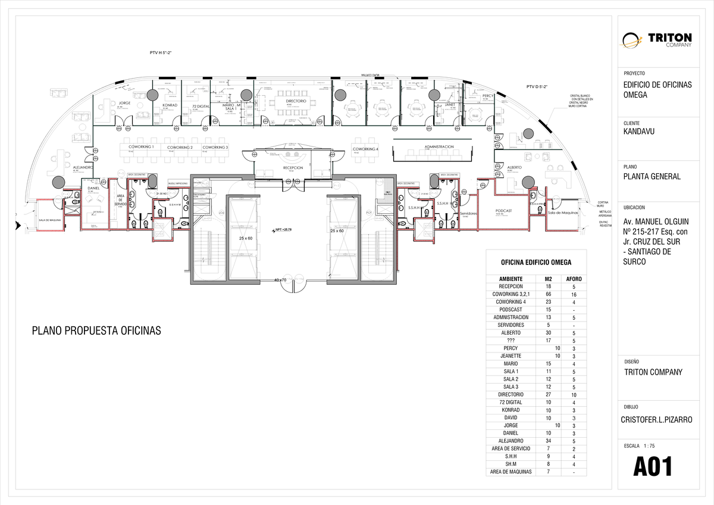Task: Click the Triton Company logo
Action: tap(657, 39)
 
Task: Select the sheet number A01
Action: tap(653, 467)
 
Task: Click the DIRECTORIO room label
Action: tap(296, 101)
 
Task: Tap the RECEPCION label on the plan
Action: tap(293, 168)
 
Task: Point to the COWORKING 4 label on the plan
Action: tap(365, 149)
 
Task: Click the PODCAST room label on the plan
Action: tap(503, 211)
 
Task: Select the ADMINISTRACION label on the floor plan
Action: tap(439, 146)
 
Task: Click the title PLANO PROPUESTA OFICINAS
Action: tap(96, 331)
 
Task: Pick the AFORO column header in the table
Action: tap(574, 279)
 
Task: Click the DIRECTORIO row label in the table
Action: tap(511, 394)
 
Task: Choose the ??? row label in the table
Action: tap(511, 341)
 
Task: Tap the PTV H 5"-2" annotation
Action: tap(161, 53)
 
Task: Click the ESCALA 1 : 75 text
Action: tap(639, 445)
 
